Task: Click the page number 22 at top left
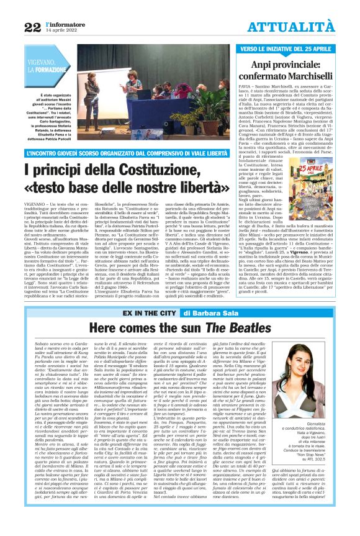32,27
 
